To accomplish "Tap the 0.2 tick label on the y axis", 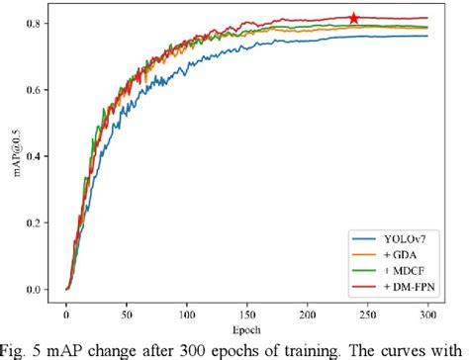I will pos(36,223).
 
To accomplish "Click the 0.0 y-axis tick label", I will pos(36,289).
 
